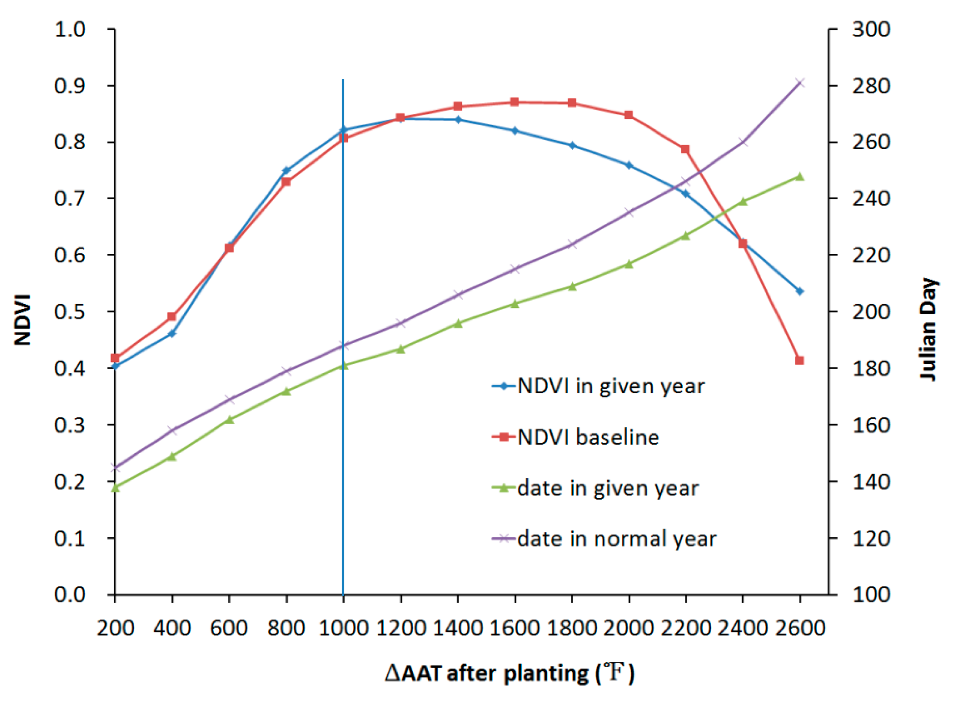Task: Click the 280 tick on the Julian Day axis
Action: pos(871,86)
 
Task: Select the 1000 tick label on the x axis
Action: pos(343,629)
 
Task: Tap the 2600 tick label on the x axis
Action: pos(800,629)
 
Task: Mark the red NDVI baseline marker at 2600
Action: pos(799,360)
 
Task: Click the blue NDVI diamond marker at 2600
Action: pos(799,291)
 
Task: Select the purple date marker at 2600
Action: pos(799,83)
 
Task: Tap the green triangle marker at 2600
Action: pos(799,177)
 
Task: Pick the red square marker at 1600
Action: pos(514,102)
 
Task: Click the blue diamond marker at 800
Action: pos(286,170)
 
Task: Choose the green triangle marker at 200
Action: pos(115,488)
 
